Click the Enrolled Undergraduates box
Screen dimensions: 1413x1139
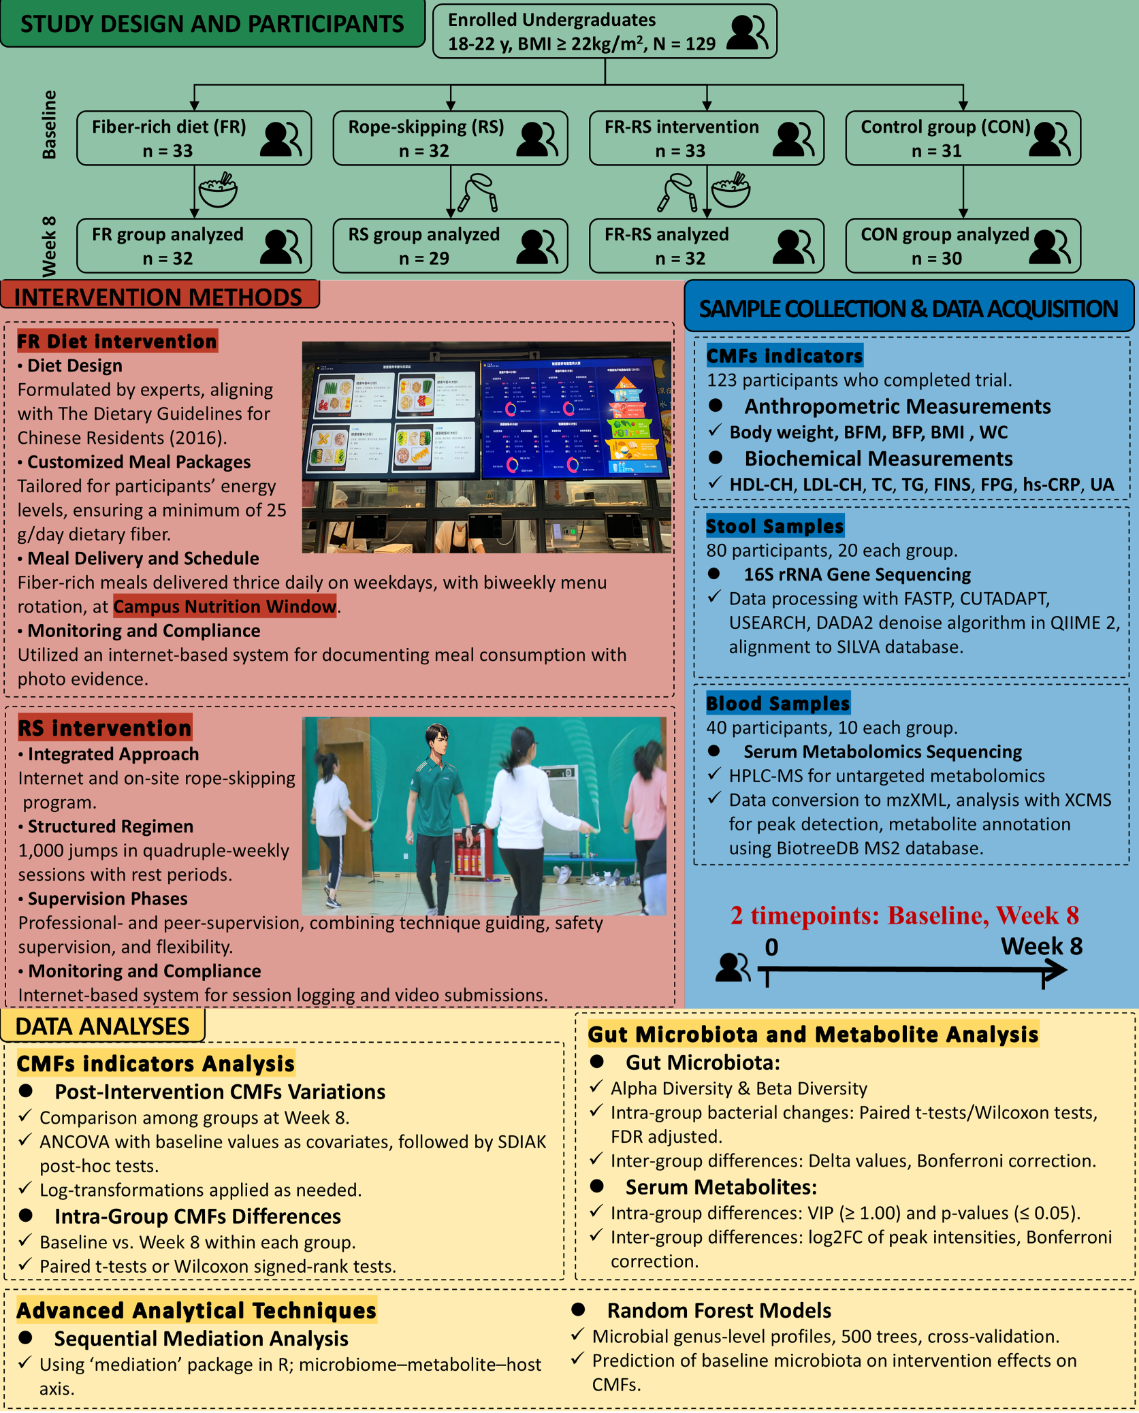(x=604, y=31)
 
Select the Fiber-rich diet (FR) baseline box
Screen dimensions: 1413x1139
(x=194, y=138)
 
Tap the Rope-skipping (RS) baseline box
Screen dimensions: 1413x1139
(x=450, y=138)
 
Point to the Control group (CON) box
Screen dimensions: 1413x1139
(x=963, y=138)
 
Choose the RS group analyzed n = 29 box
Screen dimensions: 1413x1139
(x=450, y=246)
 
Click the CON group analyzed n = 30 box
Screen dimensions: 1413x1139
(x=963, y=246)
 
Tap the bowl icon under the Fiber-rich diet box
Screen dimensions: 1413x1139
(x=218, y=190)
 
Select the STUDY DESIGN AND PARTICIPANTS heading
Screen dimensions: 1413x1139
(x=212, y=24)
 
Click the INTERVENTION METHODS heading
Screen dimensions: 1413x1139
(x=159, y=297)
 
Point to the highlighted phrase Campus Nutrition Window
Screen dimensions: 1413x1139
(x=225, y=606)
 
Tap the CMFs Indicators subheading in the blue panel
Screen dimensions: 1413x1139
(x=784, y=355)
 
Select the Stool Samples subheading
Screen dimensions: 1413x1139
(x=775, y=525)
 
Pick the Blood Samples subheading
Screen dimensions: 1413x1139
(x=777, y=703)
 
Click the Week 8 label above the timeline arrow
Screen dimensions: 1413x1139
(x=1041, y=946)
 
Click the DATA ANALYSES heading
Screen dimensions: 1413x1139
(x=102, y=1026)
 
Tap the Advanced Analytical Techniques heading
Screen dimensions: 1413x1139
(x=196, y=1310)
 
